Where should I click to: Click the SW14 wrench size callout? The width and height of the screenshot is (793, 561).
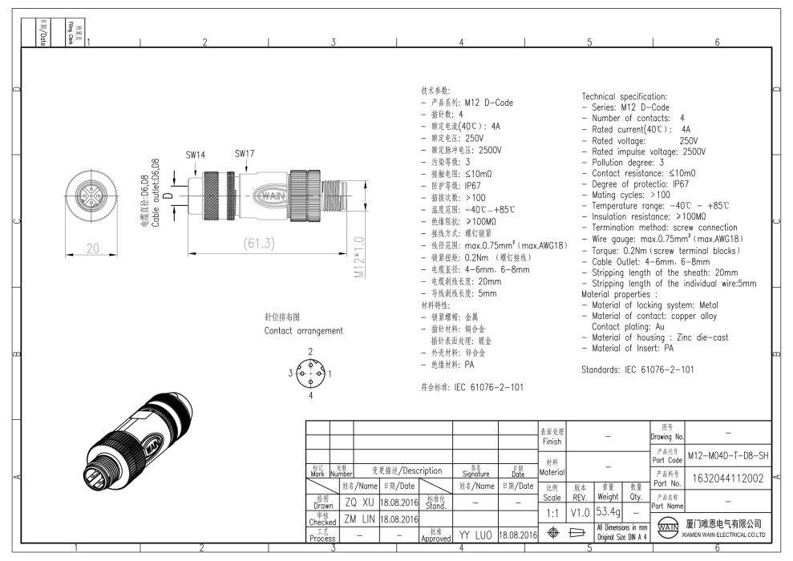[x=195, y=155]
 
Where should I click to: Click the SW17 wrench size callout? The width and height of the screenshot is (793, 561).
[x=245, y=152]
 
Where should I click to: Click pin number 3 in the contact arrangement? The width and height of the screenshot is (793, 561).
[x=291, y=373]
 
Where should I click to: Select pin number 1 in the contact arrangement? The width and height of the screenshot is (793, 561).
[x=330, y=373]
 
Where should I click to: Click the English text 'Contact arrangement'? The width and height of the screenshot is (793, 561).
[x=303, y=330]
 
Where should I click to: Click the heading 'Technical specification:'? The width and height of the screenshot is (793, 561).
[x=624, y=96]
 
